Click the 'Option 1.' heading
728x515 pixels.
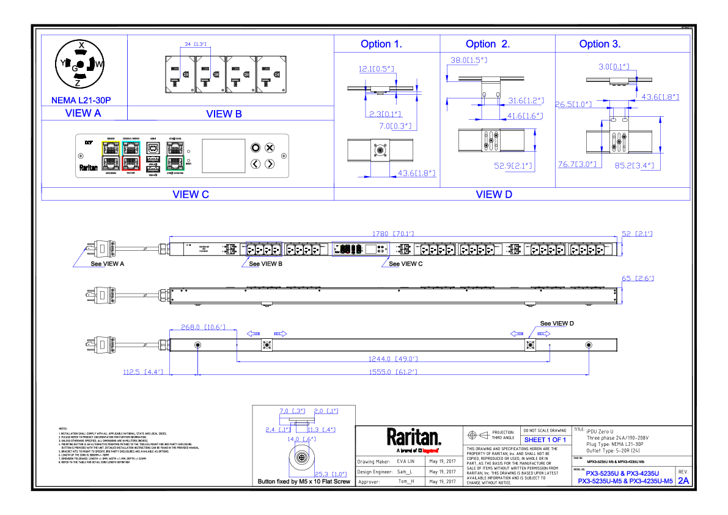point(381,45)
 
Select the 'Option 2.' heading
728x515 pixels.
point(487,45)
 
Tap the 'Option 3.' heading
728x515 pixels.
point(600,45)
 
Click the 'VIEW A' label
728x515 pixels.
point(83,113)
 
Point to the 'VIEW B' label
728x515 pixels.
point(224,114)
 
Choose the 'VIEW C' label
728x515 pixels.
point(191,195)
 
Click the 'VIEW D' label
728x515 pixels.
point(494,195)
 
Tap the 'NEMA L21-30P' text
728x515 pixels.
point(81,100)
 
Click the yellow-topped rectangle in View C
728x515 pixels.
point(111,155)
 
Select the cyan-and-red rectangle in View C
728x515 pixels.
point(131,155)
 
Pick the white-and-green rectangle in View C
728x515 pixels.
point(175,155)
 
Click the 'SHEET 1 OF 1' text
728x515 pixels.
point(545,440)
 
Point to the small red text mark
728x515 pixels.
point(430,451)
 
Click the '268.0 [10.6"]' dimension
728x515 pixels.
point(203,328)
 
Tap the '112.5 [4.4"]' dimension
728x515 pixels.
point(143,372)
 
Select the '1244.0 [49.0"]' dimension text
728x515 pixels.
point(392,359)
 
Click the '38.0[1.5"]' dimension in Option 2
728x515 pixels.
point(469,61)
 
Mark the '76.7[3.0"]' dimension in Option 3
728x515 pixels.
point(577,165)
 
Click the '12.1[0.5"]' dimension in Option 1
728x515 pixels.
point(376,69)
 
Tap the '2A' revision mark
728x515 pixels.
point(683,481)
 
